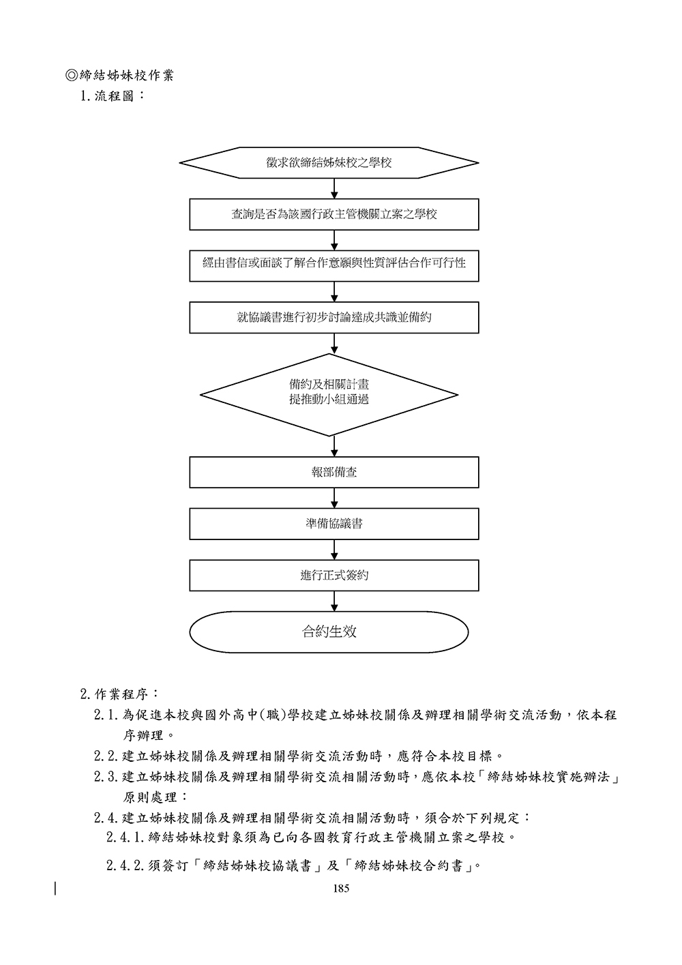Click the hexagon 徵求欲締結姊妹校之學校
point(329,163)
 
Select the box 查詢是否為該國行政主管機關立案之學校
point(334,214)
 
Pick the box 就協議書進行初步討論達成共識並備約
point(334,317)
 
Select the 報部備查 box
point(334,472)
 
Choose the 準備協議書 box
point(334,524)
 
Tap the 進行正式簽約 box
point(334,575)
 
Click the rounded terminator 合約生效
point(329,632)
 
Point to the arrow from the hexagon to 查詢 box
point(334,189)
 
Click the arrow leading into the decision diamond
point(334,343)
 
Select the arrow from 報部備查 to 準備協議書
point(334,498)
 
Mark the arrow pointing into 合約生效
point(334,601)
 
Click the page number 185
point(341,889)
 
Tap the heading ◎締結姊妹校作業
point(119,75)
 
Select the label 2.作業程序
point(120,694)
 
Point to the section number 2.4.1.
point(125,837)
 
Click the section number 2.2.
point(106,756)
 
